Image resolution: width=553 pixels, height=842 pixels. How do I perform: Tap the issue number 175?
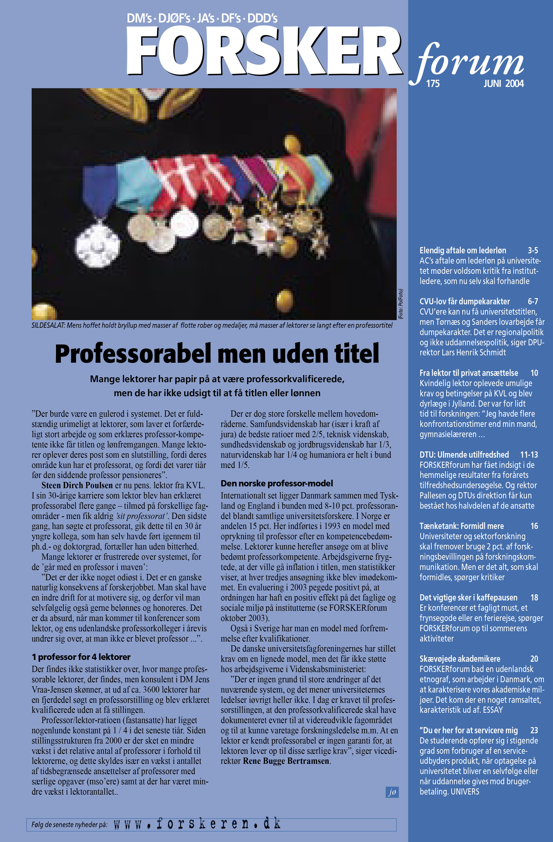tap(433, 84)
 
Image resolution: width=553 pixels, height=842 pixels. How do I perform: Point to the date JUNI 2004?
tap(503, 84)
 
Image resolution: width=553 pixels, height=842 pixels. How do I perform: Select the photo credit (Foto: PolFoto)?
tap(401, 304)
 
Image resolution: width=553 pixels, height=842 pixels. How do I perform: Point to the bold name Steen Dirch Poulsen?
tap(77, 485)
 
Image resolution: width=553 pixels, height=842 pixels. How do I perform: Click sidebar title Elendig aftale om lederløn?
tap(463, 250)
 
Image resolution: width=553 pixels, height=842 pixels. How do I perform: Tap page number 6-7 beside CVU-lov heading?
tap(532, 301)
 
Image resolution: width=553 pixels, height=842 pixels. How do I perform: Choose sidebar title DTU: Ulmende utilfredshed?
tap(464, 455)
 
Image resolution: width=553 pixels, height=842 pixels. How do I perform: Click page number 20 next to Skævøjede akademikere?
tap(534, 659)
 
